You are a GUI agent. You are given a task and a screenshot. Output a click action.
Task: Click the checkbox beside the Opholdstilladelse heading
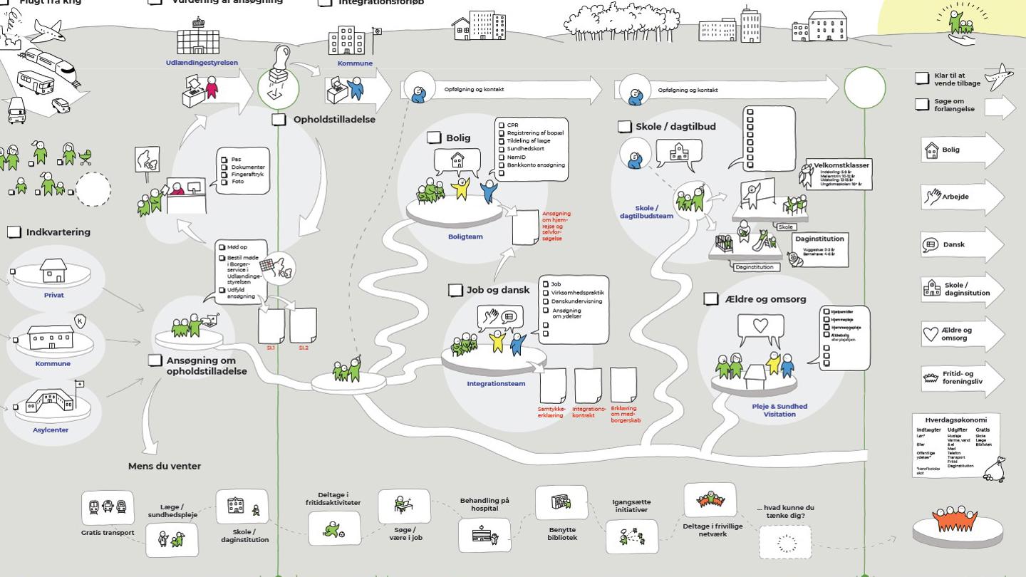click(x=279, y=120)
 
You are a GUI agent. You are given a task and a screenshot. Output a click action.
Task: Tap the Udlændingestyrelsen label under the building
click(x=202, y=63)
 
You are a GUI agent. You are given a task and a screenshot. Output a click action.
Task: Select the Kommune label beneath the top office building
click(x=355, y=63)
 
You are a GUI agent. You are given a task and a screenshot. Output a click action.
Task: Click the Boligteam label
click(x=465, y=236)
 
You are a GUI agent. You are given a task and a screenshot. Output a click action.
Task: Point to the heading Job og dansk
click(x=498, y=290)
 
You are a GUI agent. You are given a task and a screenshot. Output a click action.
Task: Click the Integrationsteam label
click(x=496, y=383)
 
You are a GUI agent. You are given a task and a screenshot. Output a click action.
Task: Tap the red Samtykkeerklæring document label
click(x=551, y=412)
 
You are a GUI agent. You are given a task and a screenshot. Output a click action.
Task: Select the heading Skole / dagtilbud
click(x=675, y=126)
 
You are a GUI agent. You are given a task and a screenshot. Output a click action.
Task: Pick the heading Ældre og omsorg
click(x=765, y=299)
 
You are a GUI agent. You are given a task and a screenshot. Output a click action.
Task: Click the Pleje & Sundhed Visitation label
click(x=779, y=410)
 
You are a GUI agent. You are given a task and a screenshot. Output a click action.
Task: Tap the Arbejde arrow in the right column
click(x=955, y=197)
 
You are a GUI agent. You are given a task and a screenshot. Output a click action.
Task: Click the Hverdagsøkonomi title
click(x=955, y=420)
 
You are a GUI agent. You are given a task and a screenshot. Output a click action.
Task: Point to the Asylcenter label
click(x=51, y=430)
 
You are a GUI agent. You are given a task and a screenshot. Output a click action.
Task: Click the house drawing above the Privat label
click(x=53, y=271)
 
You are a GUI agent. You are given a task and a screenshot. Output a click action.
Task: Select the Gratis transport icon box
click(x=108, y=507)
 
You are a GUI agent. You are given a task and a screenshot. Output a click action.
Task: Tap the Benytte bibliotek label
click(x=562, y=534)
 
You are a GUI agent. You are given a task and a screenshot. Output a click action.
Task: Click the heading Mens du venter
click(x=165, y=466)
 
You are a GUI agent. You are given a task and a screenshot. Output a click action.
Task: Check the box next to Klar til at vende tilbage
click(x=922, y=78)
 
